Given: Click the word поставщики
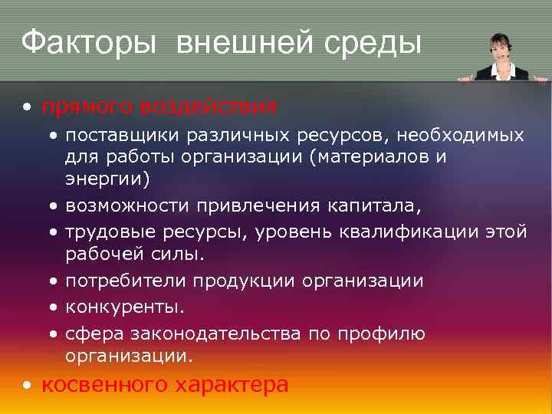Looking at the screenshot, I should (121, 136).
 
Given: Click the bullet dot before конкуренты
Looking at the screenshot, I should (54, 308).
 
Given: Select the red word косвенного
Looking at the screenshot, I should (107, 385).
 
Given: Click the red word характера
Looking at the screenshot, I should (233, 385).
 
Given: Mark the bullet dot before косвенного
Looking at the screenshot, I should (28, 386).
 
